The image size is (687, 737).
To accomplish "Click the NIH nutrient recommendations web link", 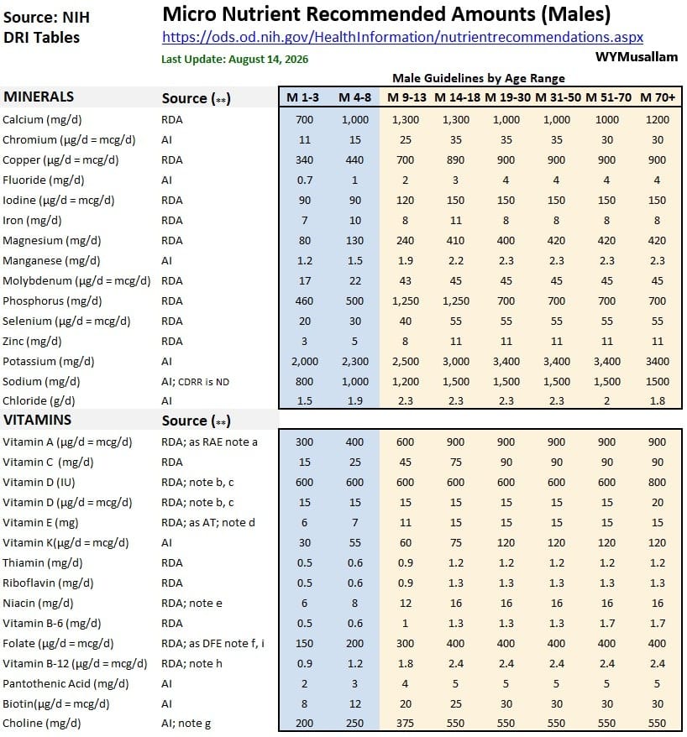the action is click(x=402, y=37).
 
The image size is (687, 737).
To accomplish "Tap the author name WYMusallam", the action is click(x=637, y=57).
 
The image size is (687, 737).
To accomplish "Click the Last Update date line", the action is click(x=234, y=60).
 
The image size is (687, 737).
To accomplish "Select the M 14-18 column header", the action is click(x=457, y=97).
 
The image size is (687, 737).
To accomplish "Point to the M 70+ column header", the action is click(x=657, y=97).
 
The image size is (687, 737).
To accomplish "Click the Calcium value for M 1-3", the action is click(x=304, y=120).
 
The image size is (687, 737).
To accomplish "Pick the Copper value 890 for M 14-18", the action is click(x=456, y=159).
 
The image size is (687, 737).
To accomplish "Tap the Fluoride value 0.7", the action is click(x=304, y=180).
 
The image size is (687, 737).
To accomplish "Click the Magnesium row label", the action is click(x=52, y=241).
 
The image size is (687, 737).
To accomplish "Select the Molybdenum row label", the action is click(x=76, y=281).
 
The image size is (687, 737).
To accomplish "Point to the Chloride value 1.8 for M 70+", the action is click(x=657, y=401).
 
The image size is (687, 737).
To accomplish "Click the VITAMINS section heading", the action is click(x=37, y=420).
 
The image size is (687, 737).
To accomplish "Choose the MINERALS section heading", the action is click(x=39, y=97).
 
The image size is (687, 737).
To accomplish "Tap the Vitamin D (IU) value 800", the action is click(x=657, y=483).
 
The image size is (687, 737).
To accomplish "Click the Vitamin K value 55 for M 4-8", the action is click(x=354, y=543).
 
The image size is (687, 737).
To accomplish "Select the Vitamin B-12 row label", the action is click(x=75, y=664).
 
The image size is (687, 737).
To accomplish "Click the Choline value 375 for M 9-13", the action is click(x=405, y=723).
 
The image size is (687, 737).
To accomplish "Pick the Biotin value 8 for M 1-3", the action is click(x=304, y=703).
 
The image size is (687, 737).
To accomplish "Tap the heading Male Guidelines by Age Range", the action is click(x=479, y=78).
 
